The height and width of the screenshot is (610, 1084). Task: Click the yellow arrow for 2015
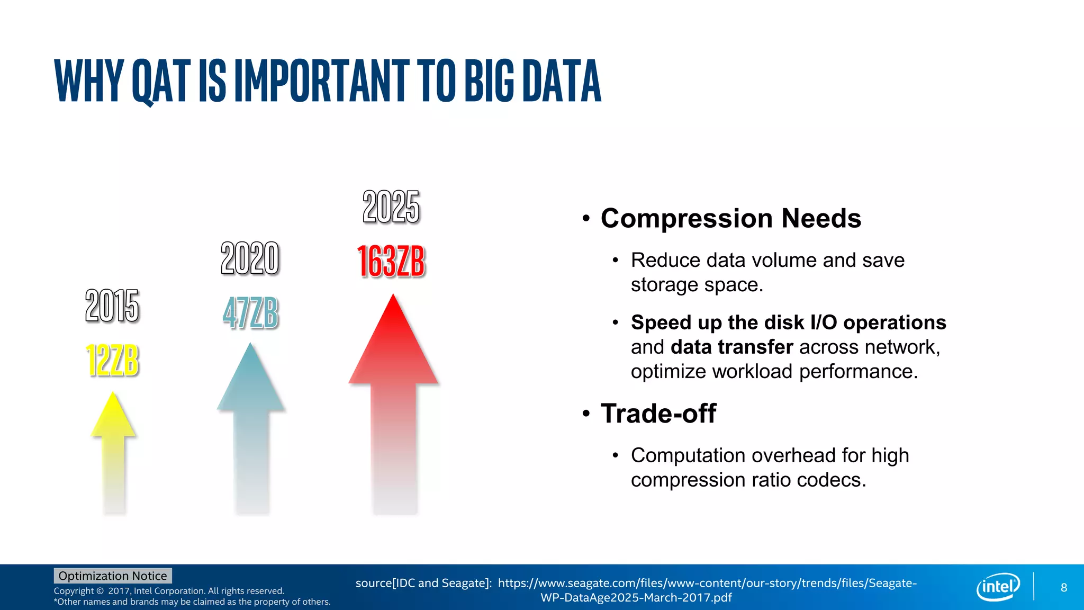[113, 445]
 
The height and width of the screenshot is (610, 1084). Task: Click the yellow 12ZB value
[112, 361]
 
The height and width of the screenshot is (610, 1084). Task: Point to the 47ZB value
[250, 313]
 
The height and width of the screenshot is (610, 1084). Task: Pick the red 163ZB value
[391, 262]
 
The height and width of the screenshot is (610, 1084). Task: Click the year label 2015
[112, 306]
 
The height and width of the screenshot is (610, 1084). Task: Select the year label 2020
[250, 258]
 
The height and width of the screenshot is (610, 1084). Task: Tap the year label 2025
[391, 207]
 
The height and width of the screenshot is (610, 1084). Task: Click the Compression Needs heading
[730, 218]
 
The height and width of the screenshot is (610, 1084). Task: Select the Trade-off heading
[658, 414]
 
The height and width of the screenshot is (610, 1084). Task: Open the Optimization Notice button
[113, 576]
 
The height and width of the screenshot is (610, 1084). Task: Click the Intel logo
[998, 587]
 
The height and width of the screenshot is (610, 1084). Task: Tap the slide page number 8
[1064, 587]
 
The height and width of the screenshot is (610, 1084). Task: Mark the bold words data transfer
[731, 347]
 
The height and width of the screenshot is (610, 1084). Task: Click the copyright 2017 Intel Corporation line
[169, 591]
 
